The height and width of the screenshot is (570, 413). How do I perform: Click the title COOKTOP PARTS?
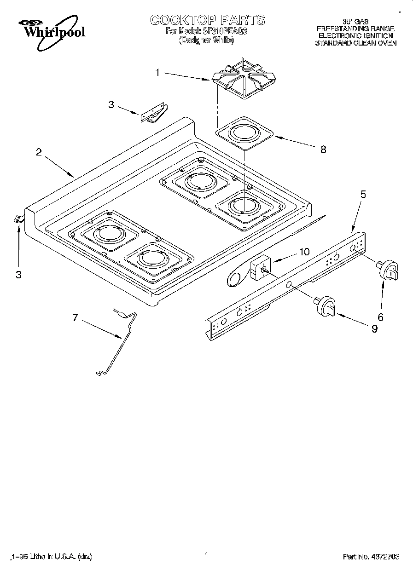click(x=207, y=20)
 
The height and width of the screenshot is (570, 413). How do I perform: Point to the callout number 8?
click(x=323, y=149)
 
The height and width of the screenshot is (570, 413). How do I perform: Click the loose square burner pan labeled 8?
click(x=244, y=133)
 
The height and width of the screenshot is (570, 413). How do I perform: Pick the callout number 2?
click(x=39, y=153)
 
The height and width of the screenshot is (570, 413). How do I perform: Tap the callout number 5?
click(x=363, y=194)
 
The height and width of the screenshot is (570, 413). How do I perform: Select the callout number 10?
click(x=304, y=252)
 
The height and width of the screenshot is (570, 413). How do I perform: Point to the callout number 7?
click(x=75, y=318)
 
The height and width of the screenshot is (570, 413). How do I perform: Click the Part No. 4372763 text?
click(x=371, y=556)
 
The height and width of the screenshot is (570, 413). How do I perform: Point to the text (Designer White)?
click(x=207, y=40)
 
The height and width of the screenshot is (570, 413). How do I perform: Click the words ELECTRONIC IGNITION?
click(x=355, y=35)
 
